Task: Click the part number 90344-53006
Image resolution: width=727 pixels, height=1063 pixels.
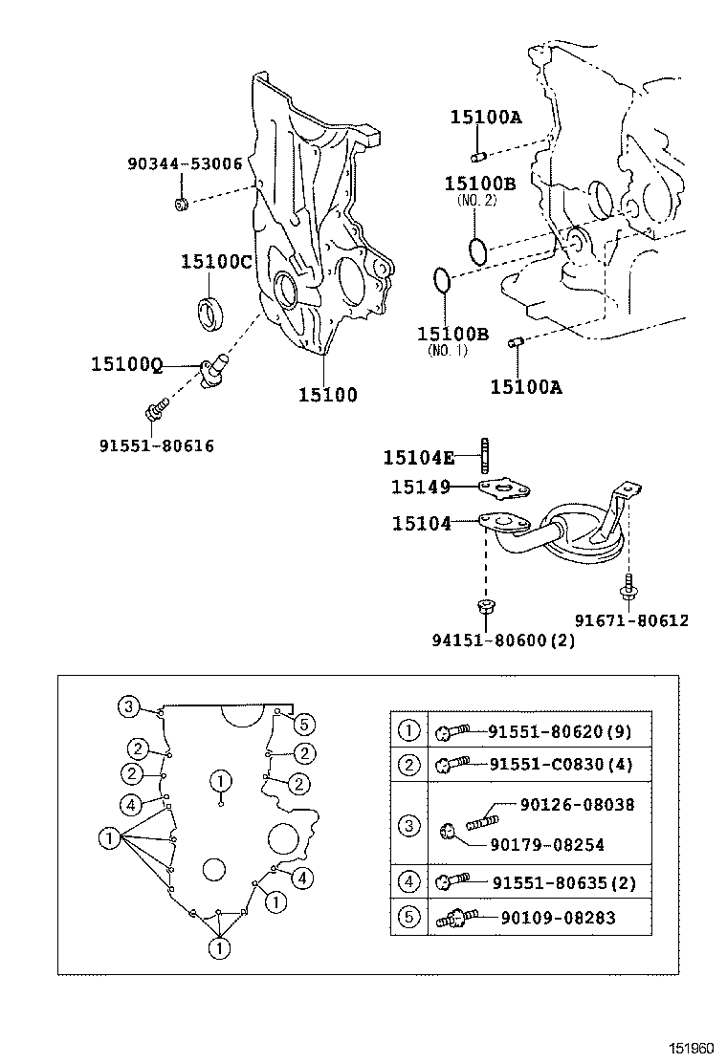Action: point(185,163)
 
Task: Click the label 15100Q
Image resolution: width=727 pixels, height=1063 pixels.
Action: point(127,364)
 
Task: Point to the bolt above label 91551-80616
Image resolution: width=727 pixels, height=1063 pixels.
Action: point(155,412)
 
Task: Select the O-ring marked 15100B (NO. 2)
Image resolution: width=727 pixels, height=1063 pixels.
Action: point(479,250)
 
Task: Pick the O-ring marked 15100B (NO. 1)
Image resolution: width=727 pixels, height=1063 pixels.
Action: point(441,281)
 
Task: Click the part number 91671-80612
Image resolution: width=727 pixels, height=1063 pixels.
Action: point(631,620)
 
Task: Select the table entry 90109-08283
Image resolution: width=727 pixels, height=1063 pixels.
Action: point(558,918)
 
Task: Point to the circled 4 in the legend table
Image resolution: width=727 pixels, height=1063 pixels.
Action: point(408,882)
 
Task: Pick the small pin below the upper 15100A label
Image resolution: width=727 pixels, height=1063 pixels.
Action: point(479,156)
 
